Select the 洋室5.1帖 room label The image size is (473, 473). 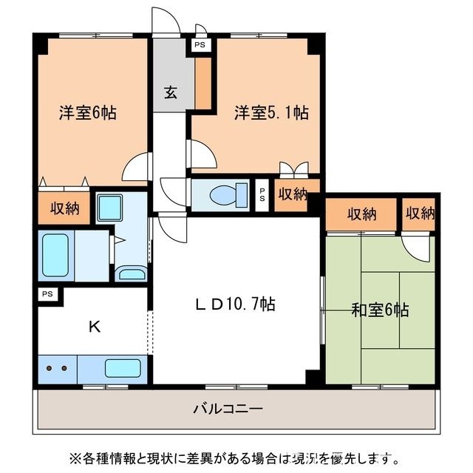271,113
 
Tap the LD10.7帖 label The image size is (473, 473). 236,304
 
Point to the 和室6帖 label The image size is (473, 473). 380,310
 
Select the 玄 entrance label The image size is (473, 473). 171,92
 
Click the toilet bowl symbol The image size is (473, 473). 221,196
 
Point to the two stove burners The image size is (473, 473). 56,368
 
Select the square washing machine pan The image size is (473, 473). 110,207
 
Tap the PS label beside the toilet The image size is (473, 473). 262,195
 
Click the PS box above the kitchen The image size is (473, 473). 47,294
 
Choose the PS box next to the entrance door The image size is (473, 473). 200,45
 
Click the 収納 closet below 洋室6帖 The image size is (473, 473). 64,208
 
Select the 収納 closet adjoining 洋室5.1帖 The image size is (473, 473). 292,194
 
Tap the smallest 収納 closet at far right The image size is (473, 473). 420,214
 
